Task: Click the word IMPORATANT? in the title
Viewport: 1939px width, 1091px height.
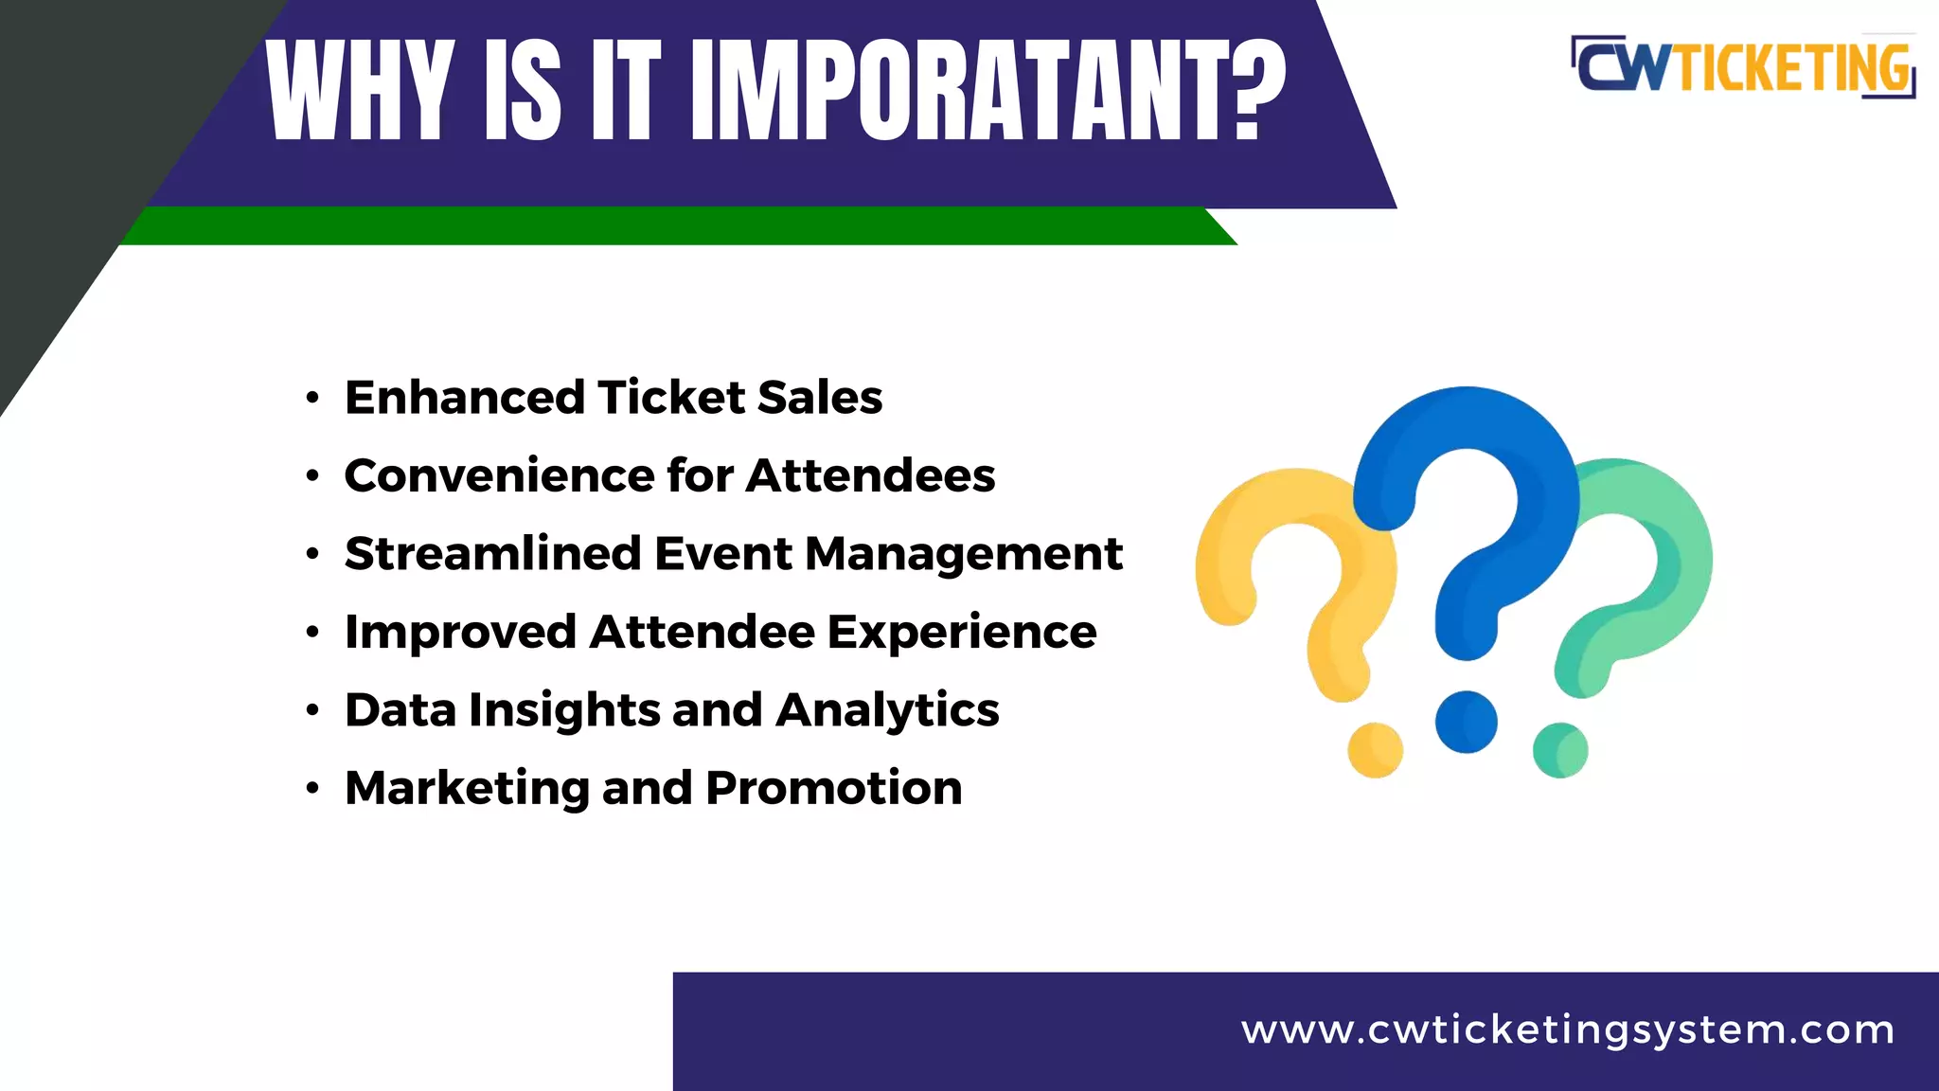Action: pos(989,91)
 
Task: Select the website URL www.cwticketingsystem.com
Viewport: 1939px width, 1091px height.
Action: pos(1568,1029)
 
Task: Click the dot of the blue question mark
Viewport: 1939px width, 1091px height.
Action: pos(1466,722)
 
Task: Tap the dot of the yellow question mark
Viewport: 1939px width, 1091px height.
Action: pos(1375,750)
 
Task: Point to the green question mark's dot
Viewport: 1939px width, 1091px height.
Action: pos(1560,750)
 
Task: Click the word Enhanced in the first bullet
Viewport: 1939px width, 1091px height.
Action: pos(465,397)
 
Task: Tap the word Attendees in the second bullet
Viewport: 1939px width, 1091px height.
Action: pos(870,475)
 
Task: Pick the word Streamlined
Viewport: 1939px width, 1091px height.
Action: pos(493,553)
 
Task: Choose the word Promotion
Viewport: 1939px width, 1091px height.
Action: pos(833,788)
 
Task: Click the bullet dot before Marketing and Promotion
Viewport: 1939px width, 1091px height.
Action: pos(312,789)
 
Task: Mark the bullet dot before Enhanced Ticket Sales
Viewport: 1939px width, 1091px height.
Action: pos(312,398)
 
